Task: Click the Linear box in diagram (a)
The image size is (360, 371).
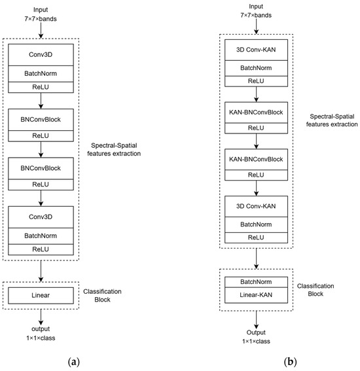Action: pyautogui.click(x=41, y=296)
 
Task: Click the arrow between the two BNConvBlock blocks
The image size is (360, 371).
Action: pyautogui.click(x=41, y=145)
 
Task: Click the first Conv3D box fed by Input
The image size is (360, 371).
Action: pyautogui.click(x=41, y=55)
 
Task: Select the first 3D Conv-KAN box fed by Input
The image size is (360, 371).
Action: pyautogui.click(x=256, y=55)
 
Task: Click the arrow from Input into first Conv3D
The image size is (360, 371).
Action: pyautogui.click(x=41, y=30)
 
